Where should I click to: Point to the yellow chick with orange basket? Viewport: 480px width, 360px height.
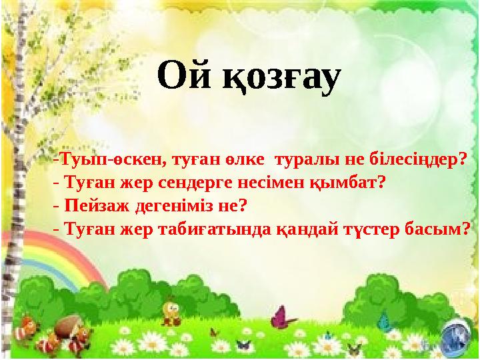171,311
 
